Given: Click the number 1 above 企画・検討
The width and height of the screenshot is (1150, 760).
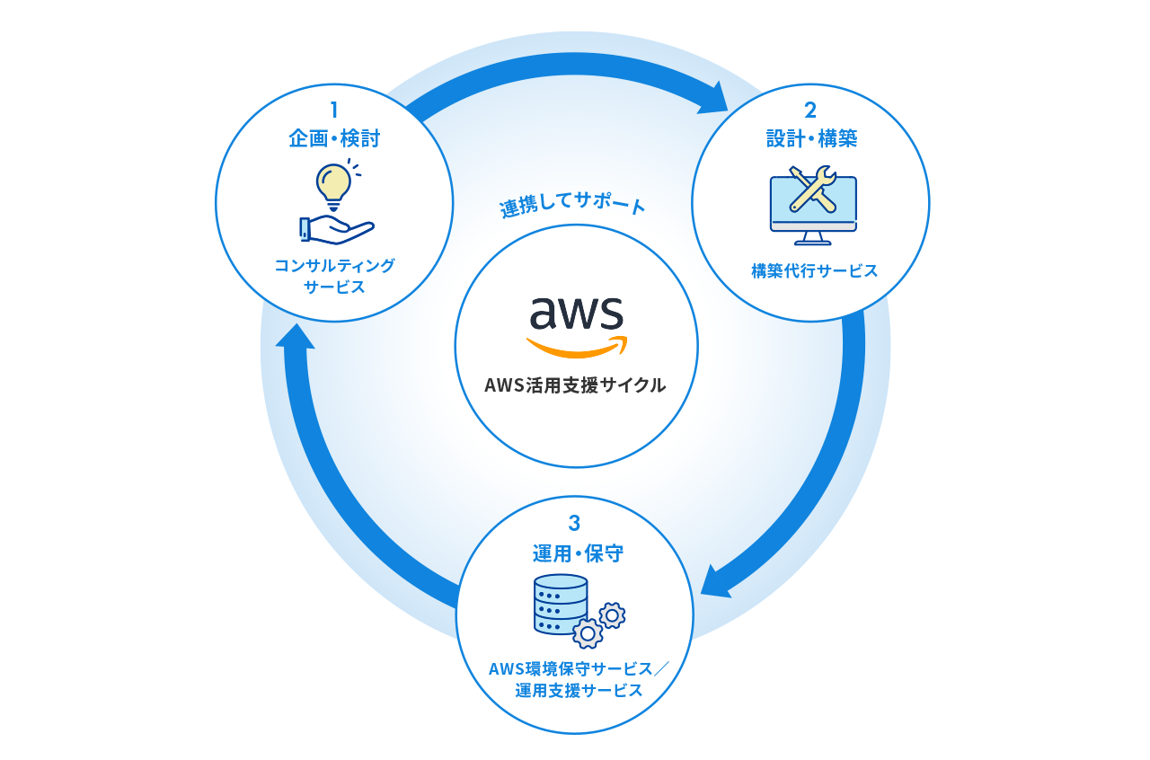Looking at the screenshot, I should [333, 110].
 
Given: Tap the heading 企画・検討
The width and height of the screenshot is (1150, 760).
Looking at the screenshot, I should [334, 138].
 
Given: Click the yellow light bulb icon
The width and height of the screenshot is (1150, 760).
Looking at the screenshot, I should [333, 182].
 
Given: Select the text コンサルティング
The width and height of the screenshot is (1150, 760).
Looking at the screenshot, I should [334, 265].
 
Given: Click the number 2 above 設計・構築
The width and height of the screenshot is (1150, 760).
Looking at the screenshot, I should [809, 110].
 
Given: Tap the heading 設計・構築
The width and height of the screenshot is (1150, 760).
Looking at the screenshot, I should [811, 138].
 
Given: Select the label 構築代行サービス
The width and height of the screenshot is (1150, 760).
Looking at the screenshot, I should [814, 270].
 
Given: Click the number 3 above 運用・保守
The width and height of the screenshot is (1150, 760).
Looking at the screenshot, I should [575, 523].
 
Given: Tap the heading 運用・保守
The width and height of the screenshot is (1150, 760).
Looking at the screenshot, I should [575, 552].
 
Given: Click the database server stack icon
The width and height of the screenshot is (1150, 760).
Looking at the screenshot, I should [560, 604].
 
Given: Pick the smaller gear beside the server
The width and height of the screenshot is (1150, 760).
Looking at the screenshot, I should [613, 615].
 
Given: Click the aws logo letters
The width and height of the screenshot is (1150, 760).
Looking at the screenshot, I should [576, 314].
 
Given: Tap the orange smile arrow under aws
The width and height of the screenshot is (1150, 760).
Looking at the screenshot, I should [577, 348].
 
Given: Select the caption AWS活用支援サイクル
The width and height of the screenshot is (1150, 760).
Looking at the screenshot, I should [576, 385].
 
